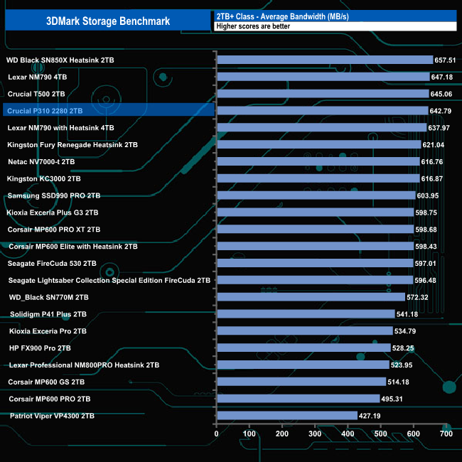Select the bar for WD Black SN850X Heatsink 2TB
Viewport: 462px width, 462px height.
pyautogui.click(x=325, y=60)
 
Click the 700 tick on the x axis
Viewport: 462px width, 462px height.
pyautogui.click(x=446, y=434)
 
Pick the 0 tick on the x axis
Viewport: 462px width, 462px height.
pyautogui.click(x=217, y=434)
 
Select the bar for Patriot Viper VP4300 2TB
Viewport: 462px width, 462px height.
pyautogui.click(x=286, y=416)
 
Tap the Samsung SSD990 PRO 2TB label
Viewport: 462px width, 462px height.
pyautogui.click(x=53, y=195)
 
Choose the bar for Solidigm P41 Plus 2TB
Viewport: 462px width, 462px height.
pyautogui.click(x=306, y=314)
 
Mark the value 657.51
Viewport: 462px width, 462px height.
pyautogui.click(x=448, y=60)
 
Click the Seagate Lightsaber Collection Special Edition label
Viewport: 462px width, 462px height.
pyautogui.click(x=109, y=280)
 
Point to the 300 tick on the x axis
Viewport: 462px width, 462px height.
pyautogui.click(x=315, y=434)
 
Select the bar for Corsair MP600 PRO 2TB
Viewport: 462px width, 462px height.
pyautogui.click(x=298, y=399)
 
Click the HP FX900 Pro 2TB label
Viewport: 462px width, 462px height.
pyautogui.click(x=40, y=348)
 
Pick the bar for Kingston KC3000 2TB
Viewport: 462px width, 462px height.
pyautogui.click(x=318, y=178)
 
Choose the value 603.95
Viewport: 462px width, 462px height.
pyautogui.click(x=430, y=195)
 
